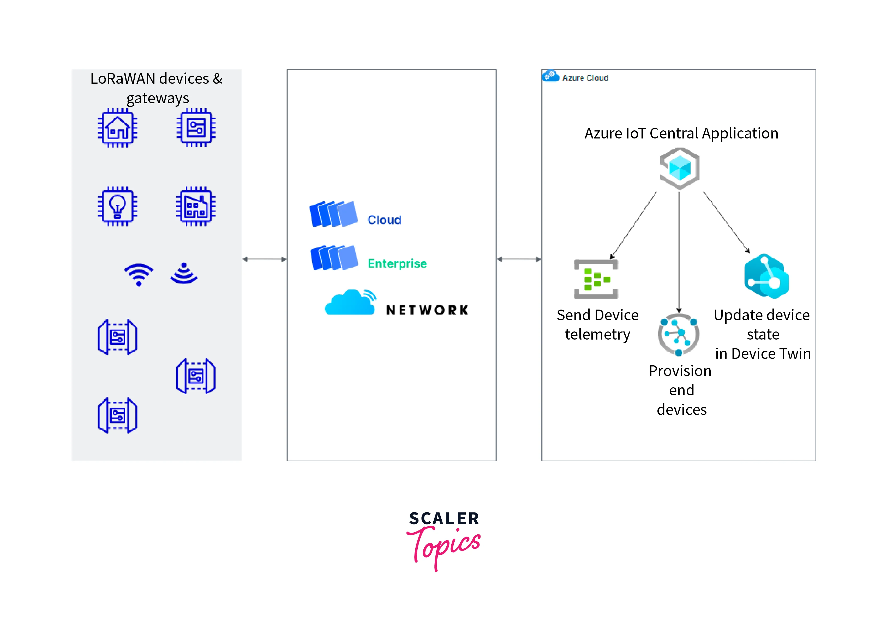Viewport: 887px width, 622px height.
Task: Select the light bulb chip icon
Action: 117,206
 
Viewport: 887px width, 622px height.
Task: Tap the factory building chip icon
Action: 196,206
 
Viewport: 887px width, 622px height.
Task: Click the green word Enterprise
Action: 397,263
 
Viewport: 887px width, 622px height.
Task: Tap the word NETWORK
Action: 427,310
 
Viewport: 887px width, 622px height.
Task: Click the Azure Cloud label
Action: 585,78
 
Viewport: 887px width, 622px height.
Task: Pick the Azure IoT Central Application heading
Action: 681,134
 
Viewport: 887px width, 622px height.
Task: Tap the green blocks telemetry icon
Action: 596,279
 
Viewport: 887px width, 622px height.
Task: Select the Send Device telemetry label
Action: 597,325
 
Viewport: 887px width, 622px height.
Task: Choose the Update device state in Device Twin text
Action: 762,334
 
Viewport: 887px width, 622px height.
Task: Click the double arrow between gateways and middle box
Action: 264,259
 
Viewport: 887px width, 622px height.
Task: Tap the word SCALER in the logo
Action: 444,518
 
